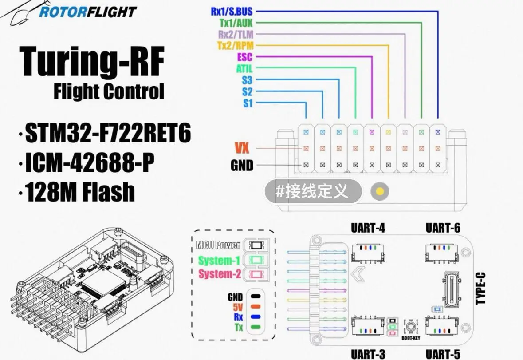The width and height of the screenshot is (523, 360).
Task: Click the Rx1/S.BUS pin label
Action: click(x=231, y=12)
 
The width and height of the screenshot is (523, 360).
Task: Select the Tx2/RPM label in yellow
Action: click(x=235, y=45)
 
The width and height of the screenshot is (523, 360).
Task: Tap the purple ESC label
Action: click(x=244, y=57)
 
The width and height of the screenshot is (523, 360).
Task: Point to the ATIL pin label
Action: click(x=244, y=69)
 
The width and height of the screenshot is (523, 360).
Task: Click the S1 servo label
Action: click(x=247, y=103)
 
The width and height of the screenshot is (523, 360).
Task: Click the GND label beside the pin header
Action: click(x=242, y=165)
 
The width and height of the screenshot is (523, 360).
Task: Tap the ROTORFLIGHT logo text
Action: click(x=87, y=12)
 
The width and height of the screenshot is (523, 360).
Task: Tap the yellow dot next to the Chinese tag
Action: click(x=379, y=192)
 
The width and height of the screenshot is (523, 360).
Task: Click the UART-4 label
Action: click(x=368, y=228)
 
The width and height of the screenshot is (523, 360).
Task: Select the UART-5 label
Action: click(x=443, y=354)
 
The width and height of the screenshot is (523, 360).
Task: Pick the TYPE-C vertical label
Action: click(x=480, y=288)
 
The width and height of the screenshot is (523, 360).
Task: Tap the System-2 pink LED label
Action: click(x=220, y=274)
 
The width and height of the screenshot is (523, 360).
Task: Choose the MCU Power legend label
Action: click(x=218, y=245)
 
